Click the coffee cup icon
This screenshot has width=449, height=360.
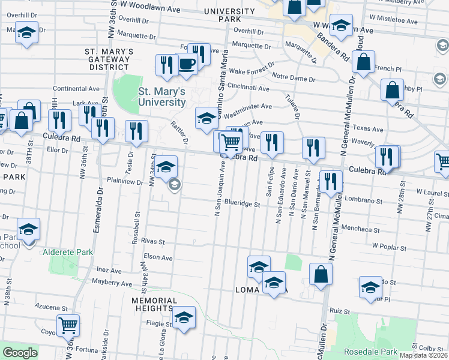187,63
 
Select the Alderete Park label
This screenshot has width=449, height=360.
68,252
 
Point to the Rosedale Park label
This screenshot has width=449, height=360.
371,351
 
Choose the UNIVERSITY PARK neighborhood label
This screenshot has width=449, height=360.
226,15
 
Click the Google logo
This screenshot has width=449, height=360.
19,353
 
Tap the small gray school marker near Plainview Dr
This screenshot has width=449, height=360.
174,184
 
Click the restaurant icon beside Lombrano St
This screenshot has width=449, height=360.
331,181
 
